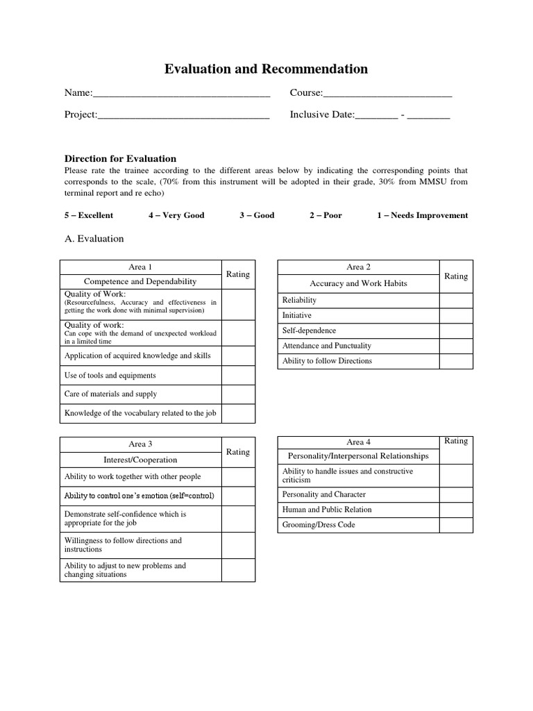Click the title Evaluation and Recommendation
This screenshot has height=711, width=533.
(266, 69)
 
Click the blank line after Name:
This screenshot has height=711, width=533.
(181, 94)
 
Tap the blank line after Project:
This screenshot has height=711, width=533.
(183, 115)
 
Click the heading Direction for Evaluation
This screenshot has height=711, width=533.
(120, 158)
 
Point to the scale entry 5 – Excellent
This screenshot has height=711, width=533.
(89, 215)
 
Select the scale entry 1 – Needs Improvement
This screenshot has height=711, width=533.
(422, 215)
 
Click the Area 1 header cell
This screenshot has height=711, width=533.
(140, 267)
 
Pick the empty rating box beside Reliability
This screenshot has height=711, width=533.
(456, 300)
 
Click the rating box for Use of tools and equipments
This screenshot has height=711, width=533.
(238, 376)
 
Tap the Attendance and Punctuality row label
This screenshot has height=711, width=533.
(326, 346)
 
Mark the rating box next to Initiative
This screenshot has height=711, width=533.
(456, 315)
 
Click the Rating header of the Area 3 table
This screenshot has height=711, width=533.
(238, 452)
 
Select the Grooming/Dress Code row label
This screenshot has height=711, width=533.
(319, 525)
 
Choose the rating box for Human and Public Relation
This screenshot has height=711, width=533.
(456, 510)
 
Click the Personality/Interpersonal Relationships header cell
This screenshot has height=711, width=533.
(358, 456)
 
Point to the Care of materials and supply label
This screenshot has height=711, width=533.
(110, 394)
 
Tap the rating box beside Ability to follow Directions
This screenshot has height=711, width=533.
(456, 361)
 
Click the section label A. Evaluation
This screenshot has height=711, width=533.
(94, 239)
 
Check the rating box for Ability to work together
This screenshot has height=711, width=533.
(238, 477)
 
